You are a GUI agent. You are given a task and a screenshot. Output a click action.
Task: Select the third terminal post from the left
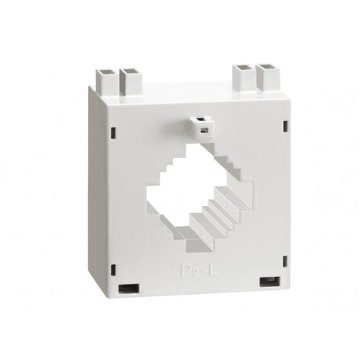(x=242, y=78)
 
